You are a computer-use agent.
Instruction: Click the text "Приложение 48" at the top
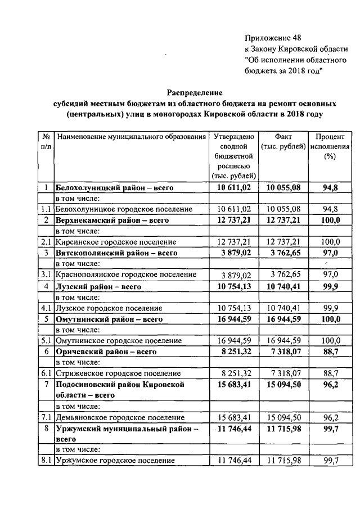click(273, 38)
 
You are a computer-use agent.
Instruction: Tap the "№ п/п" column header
click(44, 142)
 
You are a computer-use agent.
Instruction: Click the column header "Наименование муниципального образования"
click(130, 137)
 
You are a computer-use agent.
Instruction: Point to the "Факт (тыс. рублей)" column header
click(283, 142)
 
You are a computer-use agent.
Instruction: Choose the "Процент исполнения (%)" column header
click(330, 147)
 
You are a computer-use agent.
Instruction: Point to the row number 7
click(44, 384)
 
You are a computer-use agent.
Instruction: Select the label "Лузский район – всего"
click(97, 286)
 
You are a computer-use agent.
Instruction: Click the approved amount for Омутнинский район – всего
click(233, 318)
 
